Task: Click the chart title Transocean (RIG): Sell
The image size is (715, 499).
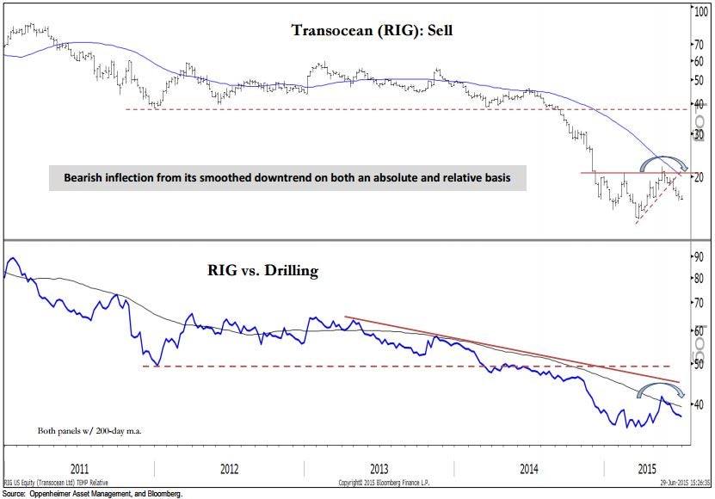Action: [x=371, y=30]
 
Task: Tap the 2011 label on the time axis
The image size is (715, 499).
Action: [x=79, y=469]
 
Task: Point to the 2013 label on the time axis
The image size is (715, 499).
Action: [x=379, y=469]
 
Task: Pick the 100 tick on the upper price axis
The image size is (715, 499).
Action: [x=701, y=13]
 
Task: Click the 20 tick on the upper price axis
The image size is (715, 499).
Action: [x=700, y=176]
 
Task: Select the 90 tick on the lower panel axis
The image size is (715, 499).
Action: [x=700, y=256]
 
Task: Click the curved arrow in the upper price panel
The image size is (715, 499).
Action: [x=662, y=163]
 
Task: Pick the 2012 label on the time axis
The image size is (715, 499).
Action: [x=229, y=469]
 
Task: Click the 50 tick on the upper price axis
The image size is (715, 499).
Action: [x=700, y=80]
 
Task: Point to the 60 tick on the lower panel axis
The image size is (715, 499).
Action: [x=700, y=331]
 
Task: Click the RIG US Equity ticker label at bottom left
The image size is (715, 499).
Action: [x=55, y=483]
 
